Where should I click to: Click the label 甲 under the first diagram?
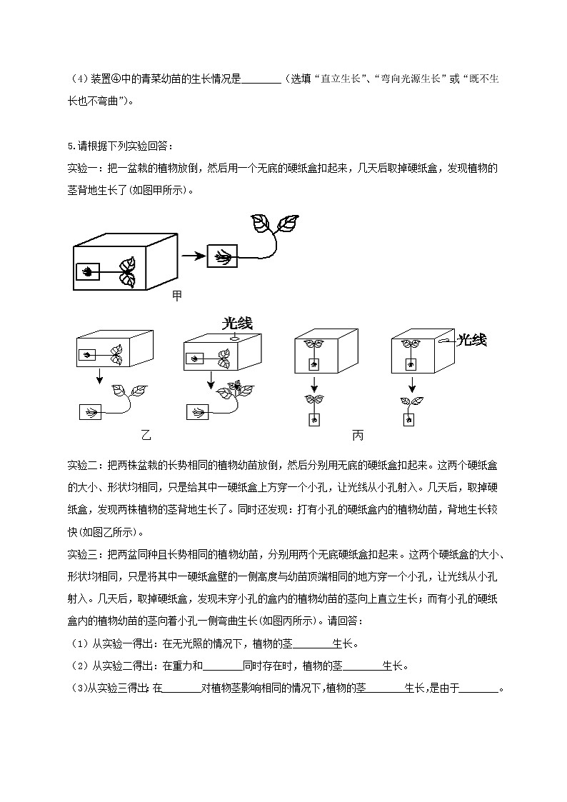tap(177, 296)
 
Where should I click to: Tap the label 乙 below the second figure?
tap(146, 435)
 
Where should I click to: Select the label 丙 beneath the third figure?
tap(357, 435)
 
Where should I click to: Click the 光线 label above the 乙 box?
tap(237, 324)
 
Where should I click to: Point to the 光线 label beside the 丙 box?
tap(471, 340)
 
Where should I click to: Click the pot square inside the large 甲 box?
tap(88, 271)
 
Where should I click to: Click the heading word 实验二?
tap(80, 465)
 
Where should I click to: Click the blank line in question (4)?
tap(262, 79)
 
